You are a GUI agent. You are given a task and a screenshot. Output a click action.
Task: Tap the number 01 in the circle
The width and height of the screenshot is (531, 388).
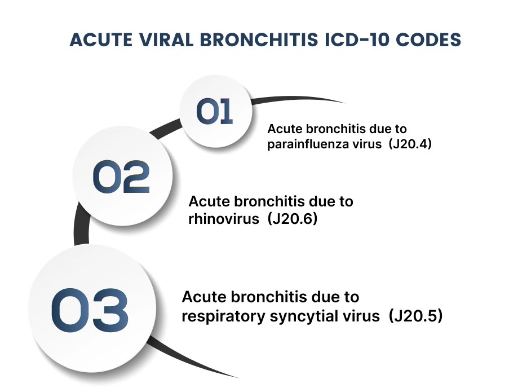pos(215,112)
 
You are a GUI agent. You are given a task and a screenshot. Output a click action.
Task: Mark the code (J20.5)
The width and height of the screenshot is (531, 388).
pos(415,316)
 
